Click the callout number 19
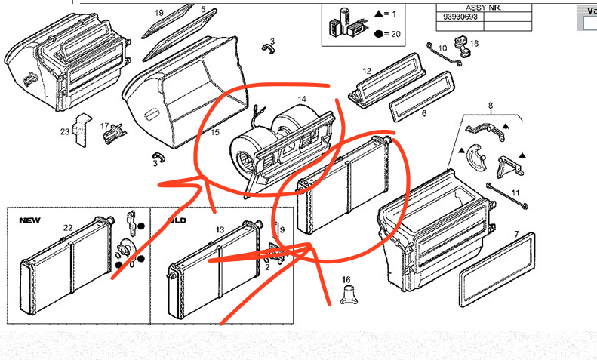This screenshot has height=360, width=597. (x=159, y=14)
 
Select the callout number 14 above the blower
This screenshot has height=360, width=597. (x=301, y=100)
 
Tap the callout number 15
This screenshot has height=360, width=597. (x=215, y=134)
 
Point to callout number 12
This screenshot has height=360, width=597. (x=367, y=72)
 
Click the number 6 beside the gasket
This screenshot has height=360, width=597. (x=423, y=113)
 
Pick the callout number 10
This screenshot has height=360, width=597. (x=442, y=48)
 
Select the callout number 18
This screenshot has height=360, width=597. (x=474, y=44)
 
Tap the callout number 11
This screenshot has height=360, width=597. (x=516, y=193)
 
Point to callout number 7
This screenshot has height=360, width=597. (x=516, y=235)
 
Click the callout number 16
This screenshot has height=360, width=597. (x=346, y=280)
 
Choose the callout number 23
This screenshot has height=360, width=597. (x=65, y=132)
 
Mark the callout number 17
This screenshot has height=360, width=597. (x=105, y=126)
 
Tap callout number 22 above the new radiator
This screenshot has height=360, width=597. (x=68, y=227)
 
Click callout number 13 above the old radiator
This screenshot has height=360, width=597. (x=220, y=229)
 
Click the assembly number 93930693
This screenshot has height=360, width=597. (x=457, y=16)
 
